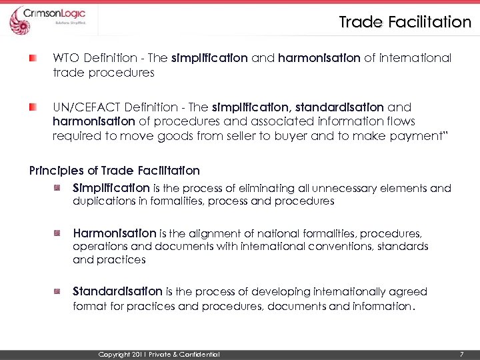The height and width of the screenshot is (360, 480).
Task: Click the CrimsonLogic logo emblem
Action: click(x=19, y=20)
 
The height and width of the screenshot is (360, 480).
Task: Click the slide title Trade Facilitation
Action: click(x=405, y=22)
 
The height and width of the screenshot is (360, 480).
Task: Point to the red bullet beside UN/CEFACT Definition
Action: click(x=33, y=107)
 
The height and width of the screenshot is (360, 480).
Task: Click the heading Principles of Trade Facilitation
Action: click(x=114, y=170)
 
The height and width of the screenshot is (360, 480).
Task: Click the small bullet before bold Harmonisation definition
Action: click(x=59, y=233)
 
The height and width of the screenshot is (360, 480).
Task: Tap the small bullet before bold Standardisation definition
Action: click(x=59, y=291)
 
